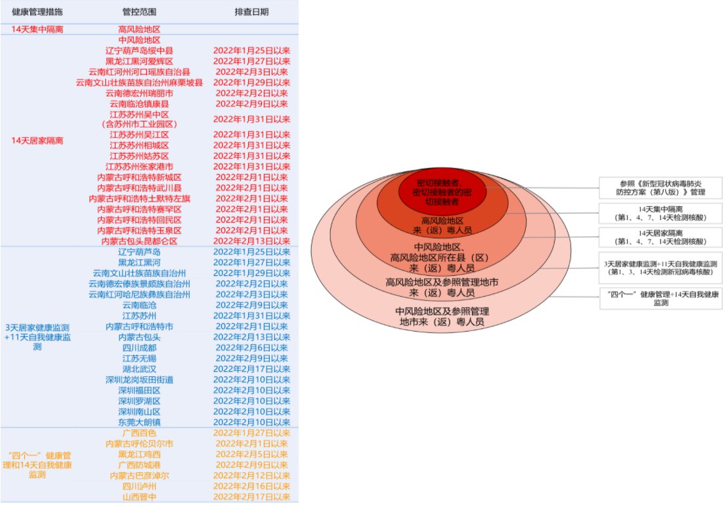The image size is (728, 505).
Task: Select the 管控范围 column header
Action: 139,12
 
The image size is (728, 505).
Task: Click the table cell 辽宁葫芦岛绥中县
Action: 139,51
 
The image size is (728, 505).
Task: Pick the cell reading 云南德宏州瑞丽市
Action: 139,93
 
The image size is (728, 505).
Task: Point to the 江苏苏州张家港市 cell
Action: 139,167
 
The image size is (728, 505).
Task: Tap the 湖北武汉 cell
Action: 139,369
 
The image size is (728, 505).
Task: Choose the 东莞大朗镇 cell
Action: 139,422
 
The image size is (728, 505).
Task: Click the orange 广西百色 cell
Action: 139,433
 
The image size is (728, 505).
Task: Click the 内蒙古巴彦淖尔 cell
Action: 139,475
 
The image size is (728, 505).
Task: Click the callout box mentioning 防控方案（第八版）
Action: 662,188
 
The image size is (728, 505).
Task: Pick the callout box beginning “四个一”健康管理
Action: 662,299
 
